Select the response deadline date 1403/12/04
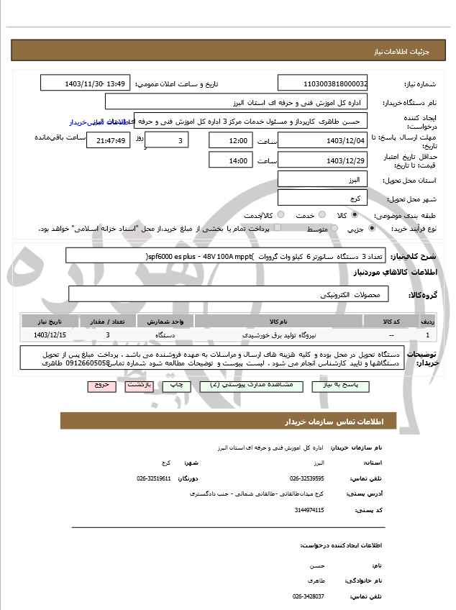[x=322, y=140]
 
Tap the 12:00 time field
[x=230, y=140]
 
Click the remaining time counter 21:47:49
[x=108, y=141]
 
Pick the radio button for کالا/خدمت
[x=281, y=215]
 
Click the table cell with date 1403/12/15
[x=50, y=335]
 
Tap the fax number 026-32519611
[x=154, y=478]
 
